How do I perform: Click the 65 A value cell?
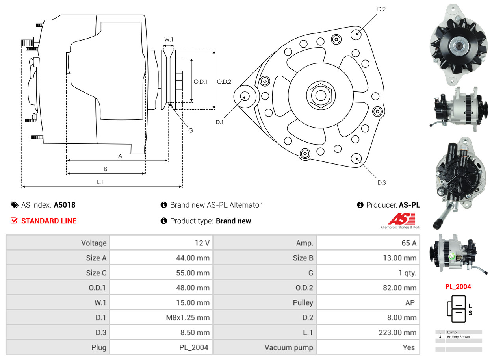click(408, 243)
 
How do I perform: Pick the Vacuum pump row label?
click(289, 347)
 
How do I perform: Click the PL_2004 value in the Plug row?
click(194, 347)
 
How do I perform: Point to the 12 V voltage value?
click(202, 243)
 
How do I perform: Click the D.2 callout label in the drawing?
click(381, 9)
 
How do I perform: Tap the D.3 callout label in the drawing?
click(381, 182)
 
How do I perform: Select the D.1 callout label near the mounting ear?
click(219, 122)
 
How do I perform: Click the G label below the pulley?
click(191, 130)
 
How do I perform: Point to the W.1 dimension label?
click(169, 39)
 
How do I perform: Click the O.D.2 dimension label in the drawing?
click(224, 82)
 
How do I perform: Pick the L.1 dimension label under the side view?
click(100, 182)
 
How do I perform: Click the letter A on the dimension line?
click(120, 156)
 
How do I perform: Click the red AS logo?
click(402, 219)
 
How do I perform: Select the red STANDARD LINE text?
click(49, 221)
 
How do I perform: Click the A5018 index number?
click(65, 205)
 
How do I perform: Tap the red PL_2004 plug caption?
click(458, 287)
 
